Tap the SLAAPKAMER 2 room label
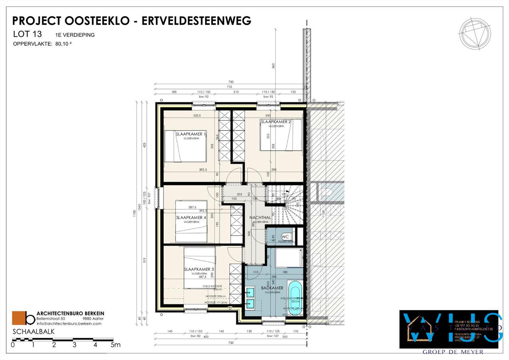pos(276,122)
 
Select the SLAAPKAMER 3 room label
pos(199,269)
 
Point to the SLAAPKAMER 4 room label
pos(191,218)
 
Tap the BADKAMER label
pos(272,288)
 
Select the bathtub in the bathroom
pos(295,296)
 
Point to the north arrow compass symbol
pos(475,35)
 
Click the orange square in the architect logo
pos(18,318)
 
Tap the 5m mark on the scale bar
pos(115,345)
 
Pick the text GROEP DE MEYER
pos(453,352)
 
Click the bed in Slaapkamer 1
pos(184,146)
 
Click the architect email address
pos(69,324)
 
